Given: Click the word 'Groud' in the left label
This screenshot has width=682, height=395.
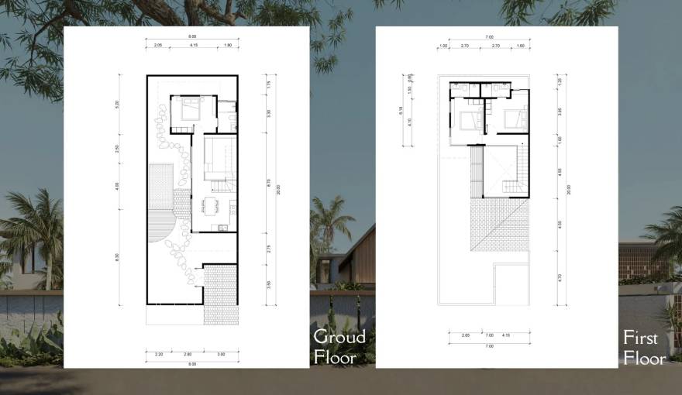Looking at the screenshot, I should coord(339,337).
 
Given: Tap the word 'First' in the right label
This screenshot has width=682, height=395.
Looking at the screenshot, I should coord(640,338).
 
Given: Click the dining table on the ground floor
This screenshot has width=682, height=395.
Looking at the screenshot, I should coord(212,205).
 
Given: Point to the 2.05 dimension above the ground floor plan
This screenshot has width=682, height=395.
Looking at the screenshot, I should coord(157,46).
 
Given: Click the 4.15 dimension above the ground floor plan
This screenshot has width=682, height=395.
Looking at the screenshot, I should coord(192,46).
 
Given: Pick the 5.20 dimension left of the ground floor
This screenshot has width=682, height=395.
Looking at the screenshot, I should coord(118,103).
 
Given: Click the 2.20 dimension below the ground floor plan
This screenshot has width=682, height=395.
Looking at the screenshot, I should coord(159,353).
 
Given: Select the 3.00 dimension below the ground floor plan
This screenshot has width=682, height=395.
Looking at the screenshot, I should coord(221,353).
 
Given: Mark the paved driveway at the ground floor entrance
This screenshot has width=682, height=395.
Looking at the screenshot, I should coord(220,294).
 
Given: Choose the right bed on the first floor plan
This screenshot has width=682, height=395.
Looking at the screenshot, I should coord(514,119).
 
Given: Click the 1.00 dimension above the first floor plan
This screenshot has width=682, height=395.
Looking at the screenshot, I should coord(443,46).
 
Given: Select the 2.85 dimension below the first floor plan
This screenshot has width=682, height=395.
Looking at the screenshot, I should coord(466,335).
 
